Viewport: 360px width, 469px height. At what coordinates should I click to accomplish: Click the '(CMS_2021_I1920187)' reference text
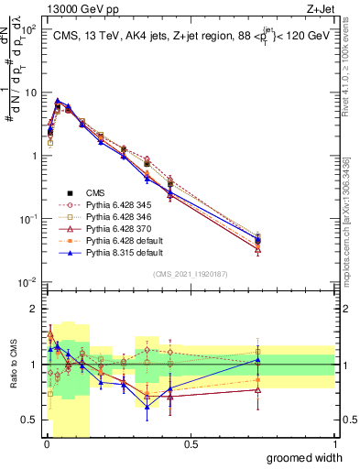coord(191,272)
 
